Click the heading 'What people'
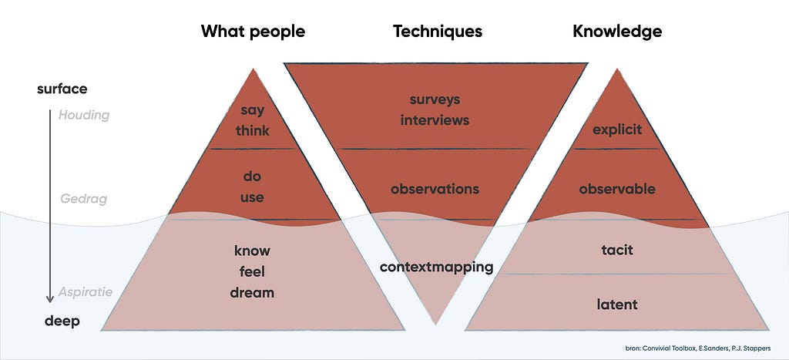coord(253,32)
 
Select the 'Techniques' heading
coord(438,32)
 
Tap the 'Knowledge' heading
coord(617,32)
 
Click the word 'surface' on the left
coord(62,89)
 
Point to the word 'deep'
coord(62,321)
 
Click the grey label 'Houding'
coord(83,116)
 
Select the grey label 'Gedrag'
coord(83,199)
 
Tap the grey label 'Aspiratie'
coord(85,292)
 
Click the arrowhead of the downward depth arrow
coord(50,299)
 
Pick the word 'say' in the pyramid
coord(252,111)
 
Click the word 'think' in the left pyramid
coord(253,131)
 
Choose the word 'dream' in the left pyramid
coord(252,292)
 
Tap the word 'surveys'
coord(435,99)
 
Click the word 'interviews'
coord(435,120)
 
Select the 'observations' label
coord(435,189)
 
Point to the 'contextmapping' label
coord(436,267)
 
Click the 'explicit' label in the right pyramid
coord(617,130)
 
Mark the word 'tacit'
coord(617,250)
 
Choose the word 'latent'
coord(617,304)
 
